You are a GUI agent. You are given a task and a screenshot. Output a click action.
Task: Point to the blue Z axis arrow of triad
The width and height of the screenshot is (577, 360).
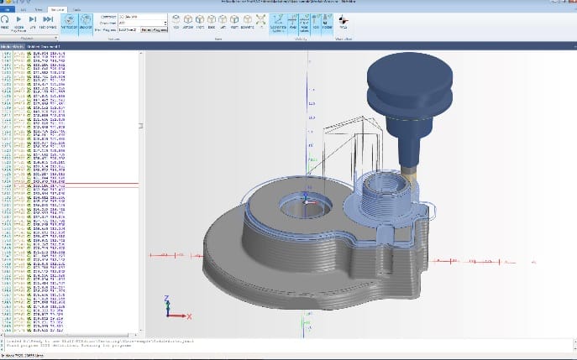168,301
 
